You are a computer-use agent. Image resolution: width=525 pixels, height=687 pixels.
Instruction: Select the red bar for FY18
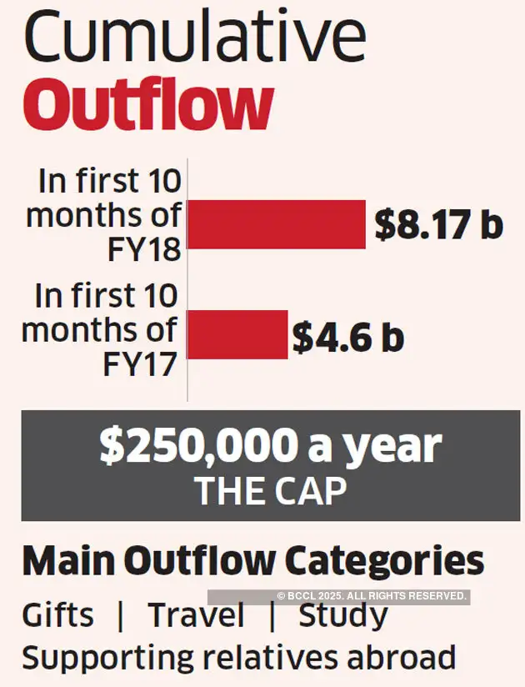277,224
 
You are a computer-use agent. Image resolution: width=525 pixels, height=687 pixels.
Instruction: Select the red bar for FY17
237,334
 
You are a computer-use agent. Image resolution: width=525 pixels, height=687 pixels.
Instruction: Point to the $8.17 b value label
439,225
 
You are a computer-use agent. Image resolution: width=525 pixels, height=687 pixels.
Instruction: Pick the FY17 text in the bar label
142,363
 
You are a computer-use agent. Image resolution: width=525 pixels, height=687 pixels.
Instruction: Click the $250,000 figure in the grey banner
197,448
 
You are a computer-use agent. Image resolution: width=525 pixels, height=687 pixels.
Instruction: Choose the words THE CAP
270,492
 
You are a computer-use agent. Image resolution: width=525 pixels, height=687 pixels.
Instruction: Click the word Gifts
57,617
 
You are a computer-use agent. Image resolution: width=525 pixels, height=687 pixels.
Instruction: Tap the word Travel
197,617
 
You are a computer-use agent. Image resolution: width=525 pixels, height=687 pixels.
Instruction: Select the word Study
343,617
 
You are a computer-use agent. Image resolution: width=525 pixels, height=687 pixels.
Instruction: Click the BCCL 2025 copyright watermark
371,596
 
